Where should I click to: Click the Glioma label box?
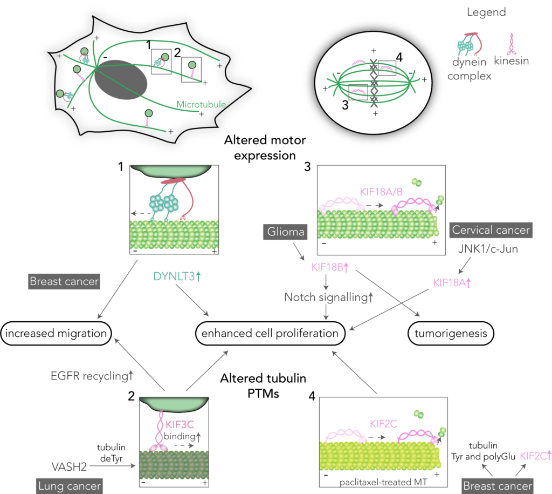click(285, 232)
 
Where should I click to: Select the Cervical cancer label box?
click(489, 230)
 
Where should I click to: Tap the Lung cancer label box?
click(70, 486)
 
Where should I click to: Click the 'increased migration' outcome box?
click(56, 334)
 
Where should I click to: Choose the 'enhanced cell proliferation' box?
click(270, 334)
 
